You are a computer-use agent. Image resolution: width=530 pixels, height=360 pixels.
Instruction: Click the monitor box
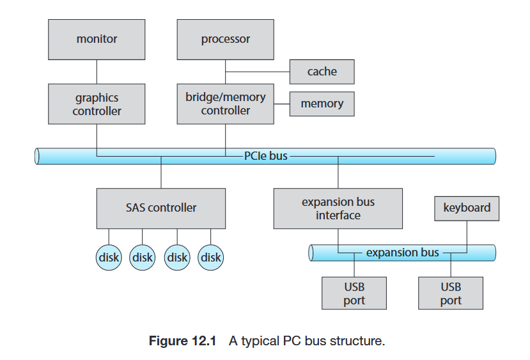click(97, 39)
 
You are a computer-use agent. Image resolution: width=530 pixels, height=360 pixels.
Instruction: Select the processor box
click(225, 39)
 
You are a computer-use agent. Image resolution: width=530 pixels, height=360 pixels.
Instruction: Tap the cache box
click(322, 72)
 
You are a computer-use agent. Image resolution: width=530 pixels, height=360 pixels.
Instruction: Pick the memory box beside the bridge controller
click(322, 104)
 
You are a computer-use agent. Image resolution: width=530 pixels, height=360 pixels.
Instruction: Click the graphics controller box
click(97, 104)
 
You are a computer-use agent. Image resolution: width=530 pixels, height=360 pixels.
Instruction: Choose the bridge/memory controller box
click(225, 104)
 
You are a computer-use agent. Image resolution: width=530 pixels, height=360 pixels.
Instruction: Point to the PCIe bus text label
click(266, 155)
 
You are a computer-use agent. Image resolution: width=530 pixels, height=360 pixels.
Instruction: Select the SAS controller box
click(161, 208)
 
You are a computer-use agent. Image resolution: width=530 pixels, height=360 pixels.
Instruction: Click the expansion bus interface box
click(338, 208)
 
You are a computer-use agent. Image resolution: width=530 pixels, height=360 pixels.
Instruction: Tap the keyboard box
click(467, 208)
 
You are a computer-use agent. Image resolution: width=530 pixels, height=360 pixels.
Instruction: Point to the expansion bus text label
click(402, 253)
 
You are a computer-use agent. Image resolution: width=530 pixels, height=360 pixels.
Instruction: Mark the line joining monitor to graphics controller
click(97, 71)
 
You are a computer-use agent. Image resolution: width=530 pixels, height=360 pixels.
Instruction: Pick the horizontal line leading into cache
click(257, 72)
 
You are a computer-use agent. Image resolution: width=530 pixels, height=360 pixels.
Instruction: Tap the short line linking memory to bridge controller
click(281, 104)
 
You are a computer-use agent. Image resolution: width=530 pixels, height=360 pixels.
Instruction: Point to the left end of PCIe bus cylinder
click(38, 156)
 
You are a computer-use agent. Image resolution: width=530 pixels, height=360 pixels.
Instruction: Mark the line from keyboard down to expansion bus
click(467, 233)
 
